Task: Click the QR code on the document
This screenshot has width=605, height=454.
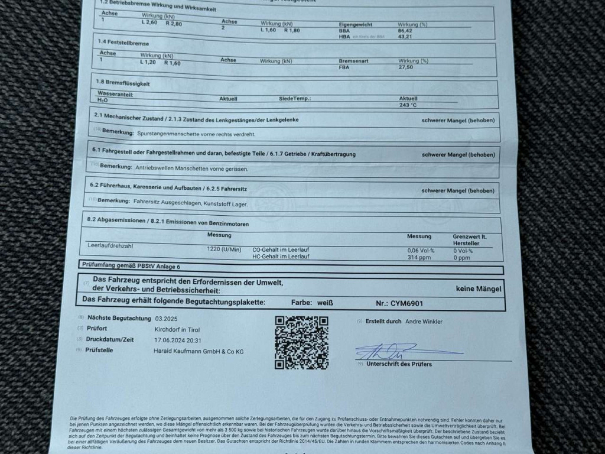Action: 301,342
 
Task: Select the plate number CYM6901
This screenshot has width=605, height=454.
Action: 407,303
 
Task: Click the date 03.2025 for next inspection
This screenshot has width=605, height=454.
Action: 166,318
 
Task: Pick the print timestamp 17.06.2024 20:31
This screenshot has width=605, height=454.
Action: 177,340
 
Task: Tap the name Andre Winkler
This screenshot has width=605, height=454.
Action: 424,322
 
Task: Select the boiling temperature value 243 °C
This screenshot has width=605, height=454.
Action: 409,105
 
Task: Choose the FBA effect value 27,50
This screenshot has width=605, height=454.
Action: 406,67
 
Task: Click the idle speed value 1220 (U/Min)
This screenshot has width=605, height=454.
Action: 224,249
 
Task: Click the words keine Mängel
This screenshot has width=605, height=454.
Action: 479,288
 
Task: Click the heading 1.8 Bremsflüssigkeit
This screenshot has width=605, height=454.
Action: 123,83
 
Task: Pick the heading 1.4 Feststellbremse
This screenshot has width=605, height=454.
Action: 123,43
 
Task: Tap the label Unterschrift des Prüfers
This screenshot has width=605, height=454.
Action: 399,364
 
